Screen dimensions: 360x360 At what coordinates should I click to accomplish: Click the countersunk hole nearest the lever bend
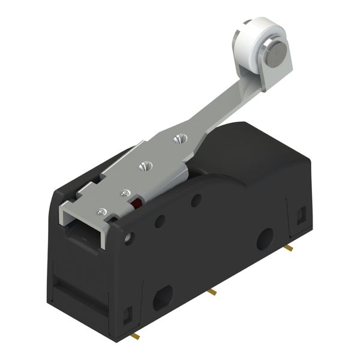pyautogui.click(x=178, y=140)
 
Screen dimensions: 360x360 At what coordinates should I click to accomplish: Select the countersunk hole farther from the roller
pyautogui.click(x=143, y=166)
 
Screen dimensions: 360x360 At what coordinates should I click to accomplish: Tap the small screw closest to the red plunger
pyautogui.click(x=125, y=193)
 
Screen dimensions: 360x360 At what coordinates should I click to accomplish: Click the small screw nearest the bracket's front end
pyautogui.click(x=103, y=211)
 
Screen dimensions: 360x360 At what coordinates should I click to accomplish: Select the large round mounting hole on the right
pyautogui.click(x=265, y=238)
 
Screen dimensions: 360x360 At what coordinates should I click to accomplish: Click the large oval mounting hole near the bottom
pyautogui.click(x=163, y=297)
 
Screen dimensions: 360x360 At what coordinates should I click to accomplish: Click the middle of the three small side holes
pyautogui.click(x=160, y=221)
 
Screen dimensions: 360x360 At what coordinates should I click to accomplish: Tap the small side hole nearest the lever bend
pyautogui.click(x=196, y=200)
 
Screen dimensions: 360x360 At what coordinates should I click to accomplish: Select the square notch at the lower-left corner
pyautogui.click(x=127, y=313)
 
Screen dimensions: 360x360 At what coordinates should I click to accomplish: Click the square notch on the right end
pyautogui.click(x=301, y=212)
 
